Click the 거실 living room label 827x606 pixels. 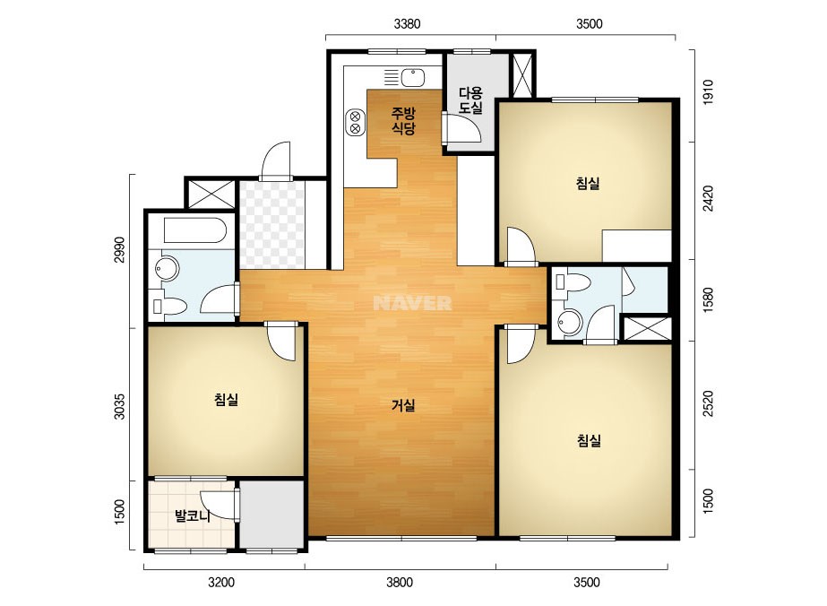click(x=403, y=405)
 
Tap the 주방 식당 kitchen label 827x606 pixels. click(x=403, y=120)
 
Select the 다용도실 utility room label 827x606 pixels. click(x=470, y=100)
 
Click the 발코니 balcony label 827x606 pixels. click(x=193, y=515)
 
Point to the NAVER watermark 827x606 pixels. click(x=412, y=303)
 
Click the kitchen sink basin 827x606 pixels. click(x=413, y=78)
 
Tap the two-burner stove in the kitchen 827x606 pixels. click(x=355, y=122)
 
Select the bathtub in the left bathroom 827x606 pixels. click(x=195, y=230)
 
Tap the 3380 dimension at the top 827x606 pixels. click(x=408, y=23)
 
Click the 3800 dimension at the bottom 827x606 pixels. click(x=400, y=583)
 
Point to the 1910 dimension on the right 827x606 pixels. click(x=708, y=91)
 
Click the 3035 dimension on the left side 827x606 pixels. click(x=120, y=406)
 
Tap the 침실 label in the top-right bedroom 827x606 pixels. click(x=588, y=184)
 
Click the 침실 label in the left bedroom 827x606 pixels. click(x=227, y=400)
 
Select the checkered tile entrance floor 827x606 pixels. click(x=272, y=225)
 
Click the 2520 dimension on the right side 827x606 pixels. click(x=708, y=403)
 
